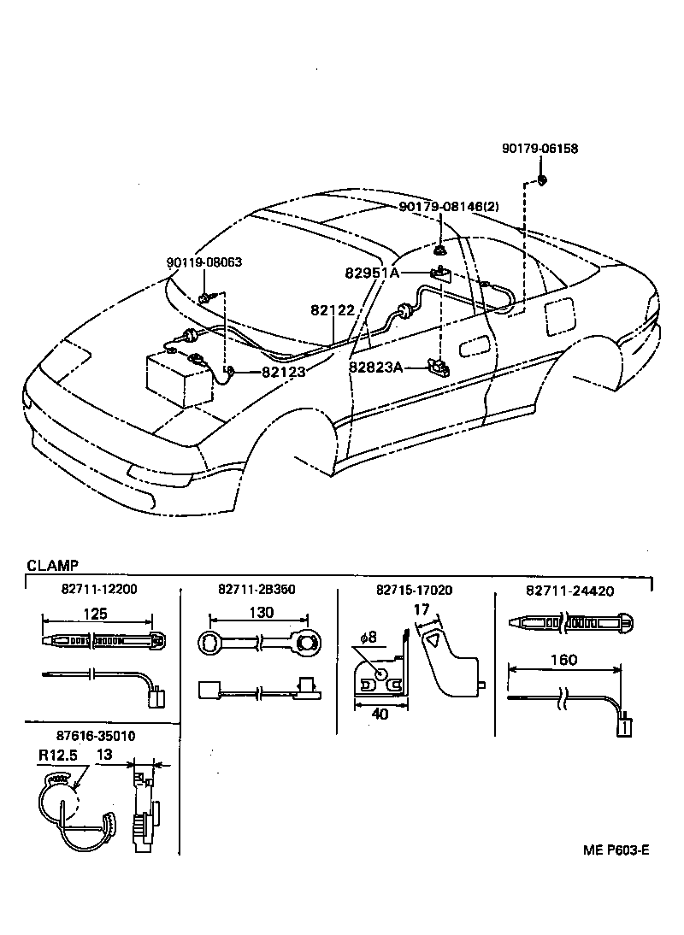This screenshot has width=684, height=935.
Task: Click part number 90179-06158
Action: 539,148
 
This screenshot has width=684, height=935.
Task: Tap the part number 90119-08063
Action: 203,262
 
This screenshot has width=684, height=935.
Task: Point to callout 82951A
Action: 372,273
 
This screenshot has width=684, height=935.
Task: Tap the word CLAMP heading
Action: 53,565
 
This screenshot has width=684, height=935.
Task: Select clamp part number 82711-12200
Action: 98,589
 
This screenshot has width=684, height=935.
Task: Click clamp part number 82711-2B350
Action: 256,589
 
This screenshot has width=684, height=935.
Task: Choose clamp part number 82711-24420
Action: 569,590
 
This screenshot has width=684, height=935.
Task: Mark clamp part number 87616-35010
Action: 97,735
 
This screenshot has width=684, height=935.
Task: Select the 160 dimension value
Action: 563,659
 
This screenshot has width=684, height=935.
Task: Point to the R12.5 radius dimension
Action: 57,756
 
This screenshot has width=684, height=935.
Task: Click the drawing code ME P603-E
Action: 616,850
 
